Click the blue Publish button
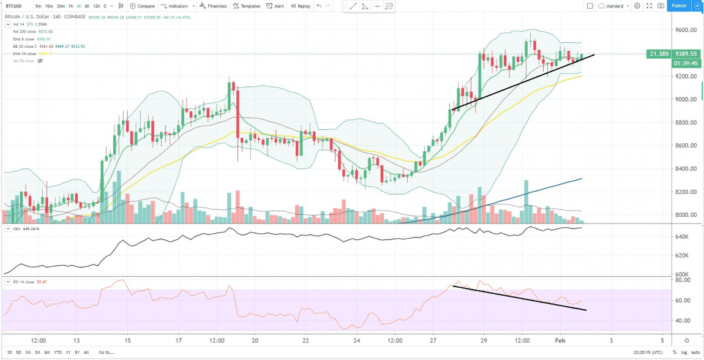click(679, 6)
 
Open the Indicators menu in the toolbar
click(174, 6)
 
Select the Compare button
click(143, 6)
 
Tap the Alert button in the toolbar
click(275, 6)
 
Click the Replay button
click(301, 6)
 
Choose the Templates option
click(247, 6)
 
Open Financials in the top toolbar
click(214, 6)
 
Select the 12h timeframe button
click(97, 6)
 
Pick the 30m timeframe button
click(61, 6)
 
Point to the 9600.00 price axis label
click(687, 30)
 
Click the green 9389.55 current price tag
click(686, 54)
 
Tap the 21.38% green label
click(658, 54)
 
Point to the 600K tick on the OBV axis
click(682, 275)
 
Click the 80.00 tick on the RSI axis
click(683, 280)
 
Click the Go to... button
click(105, 352)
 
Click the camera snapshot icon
click(661, 6)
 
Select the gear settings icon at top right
click(637, 6)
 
